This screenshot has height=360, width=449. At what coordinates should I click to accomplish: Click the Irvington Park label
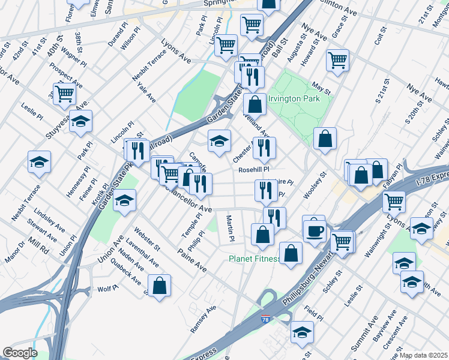pos(294,99)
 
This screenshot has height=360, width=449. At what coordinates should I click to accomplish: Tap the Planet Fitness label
pos(255,259)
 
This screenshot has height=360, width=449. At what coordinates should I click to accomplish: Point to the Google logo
pos(20,353)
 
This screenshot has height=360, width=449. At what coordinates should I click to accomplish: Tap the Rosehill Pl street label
pos(256,170)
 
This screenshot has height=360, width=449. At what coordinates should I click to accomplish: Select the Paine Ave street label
pos(192,260)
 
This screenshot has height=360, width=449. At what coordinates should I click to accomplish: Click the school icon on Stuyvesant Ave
pos(80,122)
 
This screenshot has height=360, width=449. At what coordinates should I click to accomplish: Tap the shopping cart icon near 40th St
pos(64,93)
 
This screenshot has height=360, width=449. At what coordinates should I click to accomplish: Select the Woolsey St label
pos(318,183)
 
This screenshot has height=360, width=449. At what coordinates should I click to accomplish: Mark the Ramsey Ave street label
pos(203,319)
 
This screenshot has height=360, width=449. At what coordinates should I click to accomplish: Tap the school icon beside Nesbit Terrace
pos(39,162)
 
